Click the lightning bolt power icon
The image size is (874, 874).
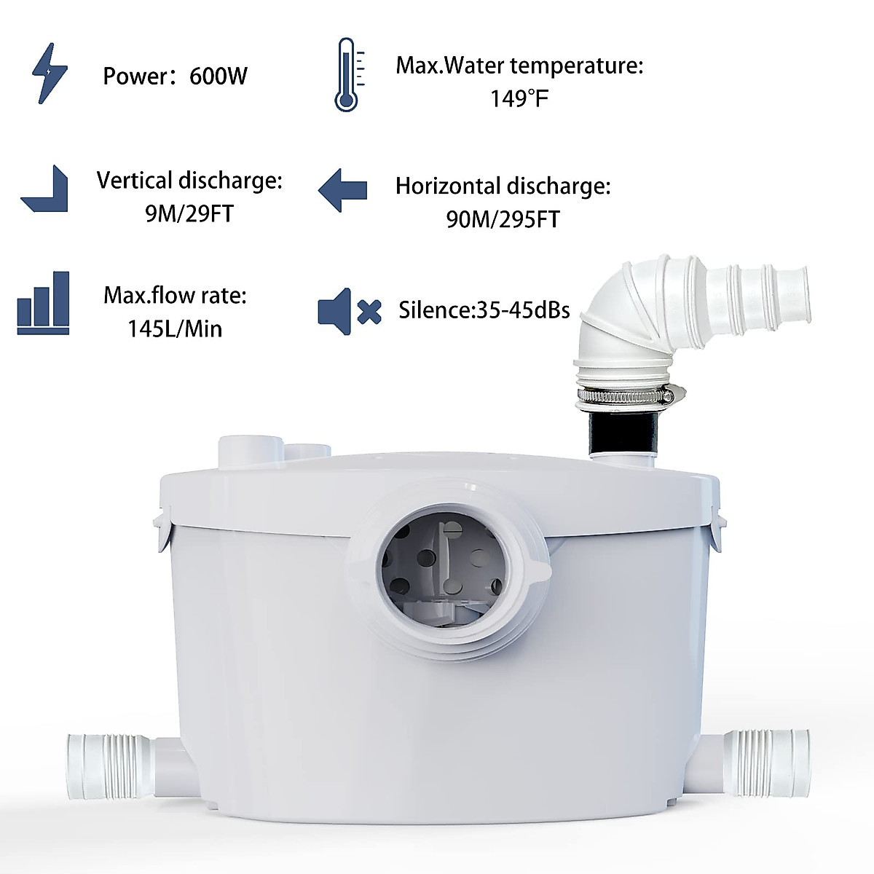click(x=50, y=73)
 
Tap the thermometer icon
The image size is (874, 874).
click(x=347, y=75)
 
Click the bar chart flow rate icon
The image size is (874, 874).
click(x=43, y=304)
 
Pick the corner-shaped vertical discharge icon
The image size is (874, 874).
click(x=45, y=189)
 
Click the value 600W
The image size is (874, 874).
click(x=219, y=76)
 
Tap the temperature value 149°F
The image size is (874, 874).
click(x=519, y=98)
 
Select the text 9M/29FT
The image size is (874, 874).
click(x=189, y=214)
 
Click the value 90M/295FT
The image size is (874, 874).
click(x=503, y=219)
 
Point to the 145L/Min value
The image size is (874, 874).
click(x=175, y=328)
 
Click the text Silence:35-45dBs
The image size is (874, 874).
click(x=484, y=310)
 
